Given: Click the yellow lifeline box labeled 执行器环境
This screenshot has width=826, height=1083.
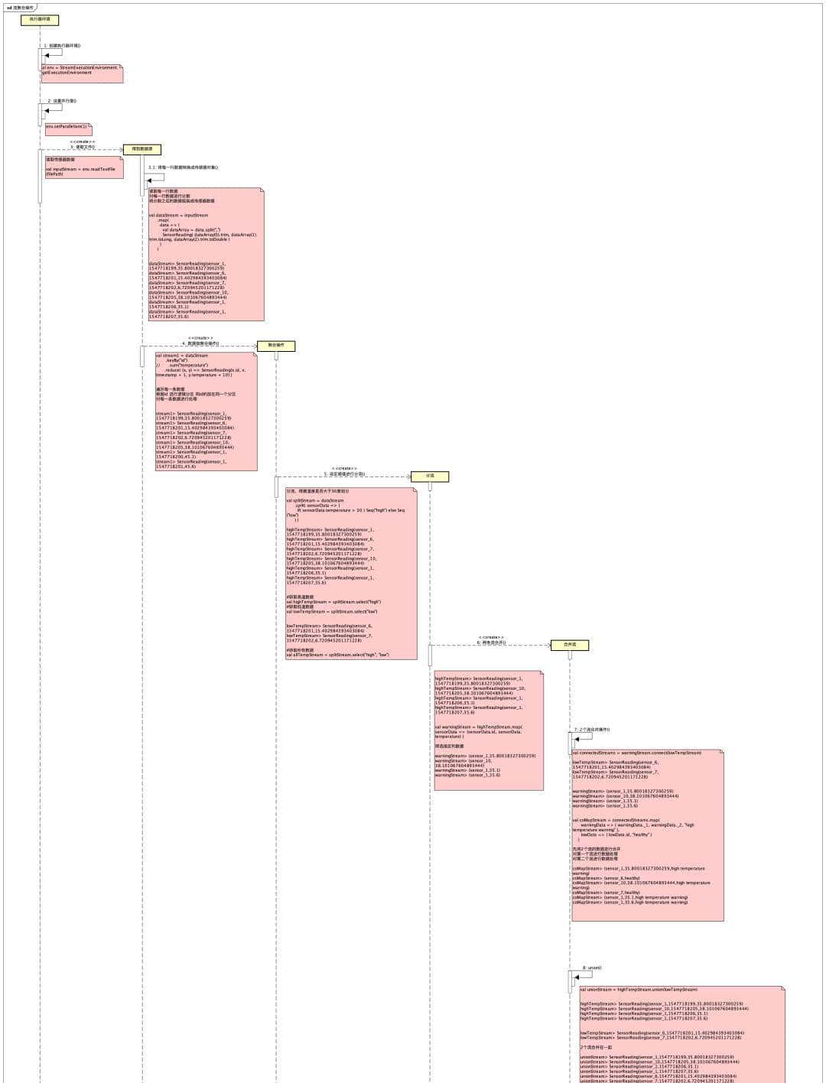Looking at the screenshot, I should click(40, 20).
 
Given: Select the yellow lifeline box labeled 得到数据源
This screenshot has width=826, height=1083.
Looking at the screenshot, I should click(142, 149).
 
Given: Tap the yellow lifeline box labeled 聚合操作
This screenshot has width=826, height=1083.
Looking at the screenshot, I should click(275, 346).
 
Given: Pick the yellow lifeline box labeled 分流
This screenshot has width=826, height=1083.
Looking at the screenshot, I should click(430, 476).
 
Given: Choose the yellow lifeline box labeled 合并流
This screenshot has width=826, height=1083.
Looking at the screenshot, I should click(570, 645).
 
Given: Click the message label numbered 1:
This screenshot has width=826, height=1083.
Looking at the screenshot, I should click(62, 45).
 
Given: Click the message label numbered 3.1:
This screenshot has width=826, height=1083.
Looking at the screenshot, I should click(183, 167).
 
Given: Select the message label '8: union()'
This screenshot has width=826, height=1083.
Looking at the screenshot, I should click(592, 968).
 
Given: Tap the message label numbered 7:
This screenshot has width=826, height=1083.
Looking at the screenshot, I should click(592, 729).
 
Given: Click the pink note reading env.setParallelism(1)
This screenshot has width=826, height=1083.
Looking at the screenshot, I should click(67, 127).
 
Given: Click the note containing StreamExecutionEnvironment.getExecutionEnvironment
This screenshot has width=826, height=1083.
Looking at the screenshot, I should click(80, 70).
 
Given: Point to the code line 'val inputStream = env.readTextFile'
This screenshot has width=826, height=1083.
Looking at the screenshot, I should click(80, 168).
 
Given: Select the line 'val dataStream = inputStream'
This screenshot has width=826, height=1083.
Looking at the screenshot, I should click(177, 215).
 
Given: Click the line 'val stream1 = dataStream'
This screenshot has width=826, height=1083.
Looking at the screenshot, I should click(182, 356).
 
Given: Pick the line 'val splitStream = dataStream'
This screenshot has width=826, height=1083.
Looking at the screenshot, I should click(315, 500).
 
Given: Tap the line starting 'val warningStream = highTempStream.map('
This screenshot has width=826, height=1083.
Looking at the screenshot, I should click(478, 727).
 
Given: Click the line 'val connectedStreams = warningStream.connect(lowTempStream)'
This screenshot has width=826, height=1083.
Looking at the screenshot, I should click(636, 753).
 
